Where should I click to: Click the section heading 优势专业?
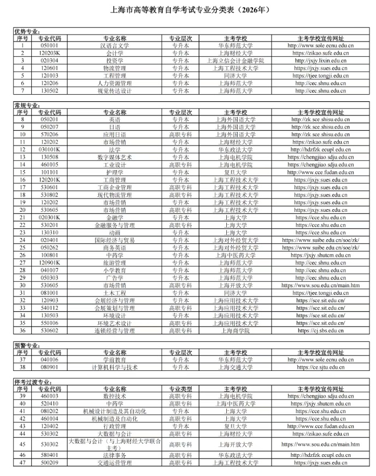[x=27, y=32]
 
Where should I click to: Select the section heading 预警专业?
[x=27, y=345]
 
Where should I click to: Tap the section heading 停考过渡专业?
[x=30, y=381]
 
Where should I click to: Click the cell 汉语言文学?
[x=115, y=46]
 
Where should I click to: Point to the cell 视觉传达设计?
[x=115, y=91]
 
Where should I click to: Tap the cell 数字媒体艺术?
[x=115, y=157]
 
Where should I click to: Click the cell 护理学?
[x=115, y=172]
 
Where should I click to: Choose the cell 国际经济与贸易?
[x=115, y=240]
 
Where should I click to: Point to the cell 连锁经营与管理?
[x=115, y=330]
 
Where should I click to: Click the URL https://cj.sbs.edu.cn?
[x=320, y=330]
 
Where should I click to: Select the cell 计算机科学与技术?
[x=115, y=367]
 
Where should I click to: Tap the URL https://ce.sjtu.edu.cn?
[x=320, y=367]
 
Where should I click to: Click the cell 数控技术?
[x=115, y=396]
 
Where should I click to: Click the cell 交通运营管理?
[x=115, y=463]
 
